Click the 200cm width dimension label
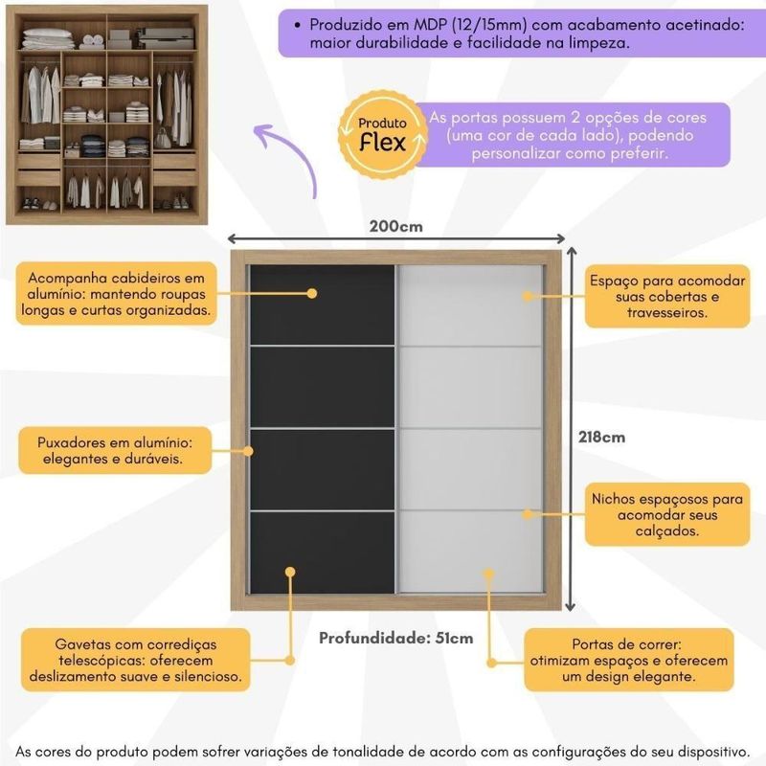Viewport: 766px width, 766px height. tap(395, 227)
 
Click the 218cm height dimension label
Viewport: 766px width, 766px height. tap(601, 437)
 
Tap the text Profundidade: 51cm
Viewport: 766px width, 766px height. tap(395, 638)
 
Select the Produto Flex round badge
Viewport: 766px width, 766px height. tap(382, 135)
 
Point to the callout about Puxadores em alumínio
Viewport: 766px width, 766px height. tap(115, 450)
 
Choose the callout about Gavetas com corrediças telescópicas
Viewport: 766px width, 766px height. tap(135, 660)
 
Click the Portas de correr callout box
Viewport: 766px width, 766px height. tap(629, 660)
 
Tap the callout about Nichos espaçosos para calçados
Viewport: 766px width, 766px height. tap(667, 514)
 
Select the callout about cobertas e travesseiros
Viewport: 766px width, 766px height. tap(667, 296)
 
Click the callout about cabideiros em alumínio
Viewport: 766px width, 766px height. tap(116, 294)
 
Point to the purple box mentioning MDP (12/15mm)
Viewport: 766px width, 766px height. tap(522, 34)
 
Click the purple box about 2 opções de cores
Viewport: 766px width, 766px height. tap(570, 135)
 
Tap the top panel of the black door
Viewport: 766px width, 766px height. tap(323, 304)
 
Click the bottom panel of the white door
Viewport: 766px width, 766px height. tap(471, 552)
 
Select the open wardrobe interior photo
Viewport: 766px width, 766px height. tap(107, 115)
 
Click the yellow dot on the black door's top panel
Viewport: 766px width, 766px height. tap(312, 293)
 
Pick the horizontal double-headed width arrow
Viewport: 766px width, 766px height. tap(396, 238)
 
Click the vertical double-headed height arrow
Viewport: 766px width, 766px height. tap(570, 429)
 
